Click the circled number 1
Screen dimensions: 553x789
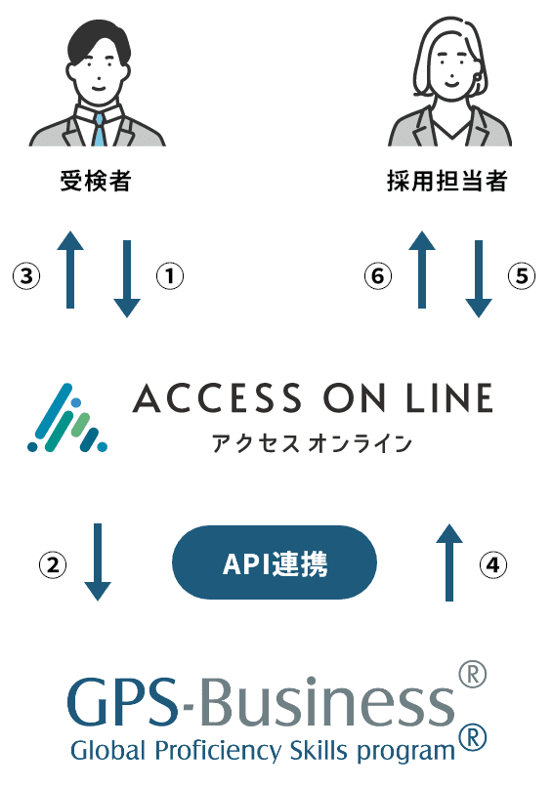(170, 275)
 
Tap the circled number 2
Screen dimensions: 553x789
(53, 564)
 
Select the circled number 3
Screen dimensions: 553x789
(26, 275)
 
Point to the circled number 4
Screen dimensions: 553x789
(493, 564)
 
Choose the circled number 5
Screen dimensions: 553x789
(522, 275)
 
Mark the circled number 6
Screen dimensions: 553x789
(378, 275)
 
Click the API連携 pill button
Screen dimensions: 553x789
(275, 562)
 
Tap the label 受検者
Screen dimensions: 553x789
(96, 182)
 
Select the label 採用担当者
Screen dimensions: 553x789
(447, 182)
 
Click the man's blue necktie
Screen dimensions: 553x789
(100, 130)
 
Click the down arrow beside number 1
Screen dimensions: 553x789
(127, 278)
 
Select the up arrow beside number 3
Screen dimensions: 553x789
(70, 270)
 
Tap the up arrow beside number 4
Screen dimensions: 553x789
(449, 562)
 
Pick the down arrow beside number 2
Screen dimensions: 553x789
(98, 562)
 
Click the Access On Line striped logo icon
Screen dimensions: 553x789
(67, 418)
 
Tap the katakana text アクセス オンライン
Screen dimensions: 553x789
(312, 443)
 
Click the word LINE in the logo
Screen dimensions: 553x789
(449, 398)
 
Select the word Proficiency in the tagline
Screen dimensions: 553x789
(218, 751)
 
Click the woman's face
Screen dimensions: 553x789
(449, 69)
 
